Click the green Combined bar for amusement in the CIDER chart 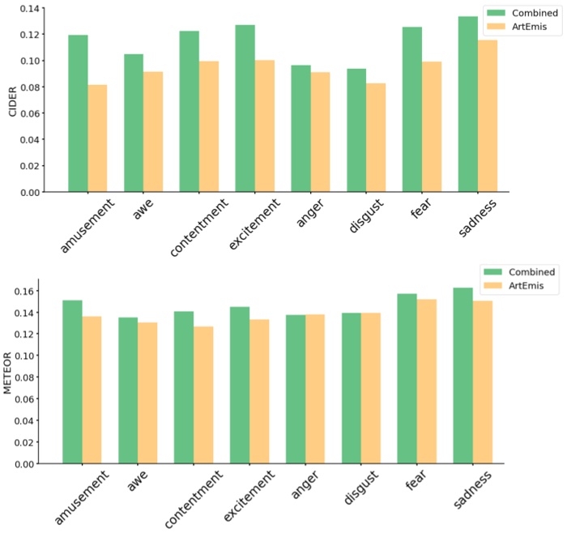(x=78, y=113)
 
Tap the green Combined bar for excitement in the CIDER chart (x=245, y=109)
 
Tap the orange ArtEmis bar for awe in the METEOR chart (x=147, y=393)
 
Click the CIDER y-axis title (x=12, y=101)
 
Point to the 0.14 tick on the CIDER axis (x=29, y=8)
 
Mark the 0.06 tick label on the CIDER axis (x=29, y=113)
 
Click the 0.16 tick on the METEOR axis (x=24, y=291)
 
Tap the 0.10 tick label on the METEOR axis (x=24, y=356)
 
